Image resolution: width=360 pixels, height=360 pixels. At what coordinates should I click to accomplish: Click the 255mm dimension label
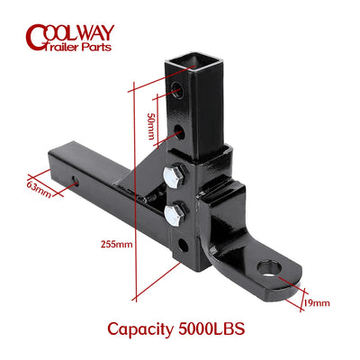point(116,244)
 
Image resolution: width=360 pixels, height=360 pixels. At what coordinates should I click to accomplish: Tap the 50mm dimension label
point(151,126)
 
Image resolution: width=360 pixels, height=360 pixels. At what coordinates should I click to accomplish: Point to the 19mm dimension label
point(316,303)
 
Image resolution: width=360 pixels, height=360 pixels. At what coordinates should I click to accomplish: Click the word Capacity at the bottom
point(140,329)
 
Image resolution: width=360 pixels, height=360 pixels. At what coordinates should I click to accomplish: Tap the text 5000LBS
point(211,328)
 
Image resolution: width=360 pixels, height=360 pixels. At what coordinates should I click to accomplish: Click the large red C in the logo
point(36,38)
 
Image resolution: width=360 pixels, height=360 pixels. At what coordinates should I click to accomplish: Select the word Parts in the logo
point(96,47)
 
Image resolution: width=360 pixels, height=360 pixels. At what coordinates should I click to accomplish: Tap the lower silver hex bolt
point(174,215)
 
